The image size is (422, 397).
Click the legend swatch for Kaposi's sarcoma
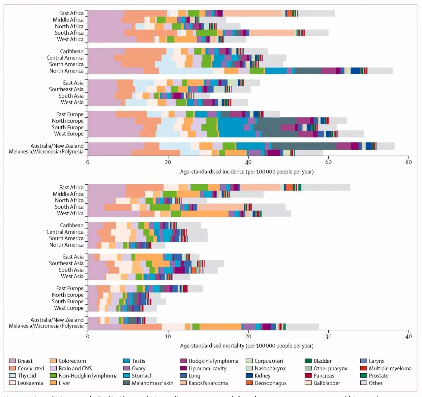(183, 383)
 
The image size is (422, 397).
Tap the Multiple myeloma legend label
(390, 368)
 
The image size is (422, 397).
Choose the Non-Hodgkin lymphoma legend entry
(88, 376)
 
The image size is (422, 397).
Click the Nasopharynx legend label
(270, 368)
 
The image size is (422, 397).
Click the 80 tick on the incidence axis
(408, 162)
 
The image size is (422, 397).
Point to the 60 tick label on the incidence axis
(328, 162)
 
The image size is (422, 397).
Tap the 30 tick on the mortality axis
(328, 336)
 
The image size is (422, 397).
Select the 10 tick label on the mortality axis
(168, 336)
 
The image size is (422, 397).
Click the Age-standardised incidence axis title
(247, 171)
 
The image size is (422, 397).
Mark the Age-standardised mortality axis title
(247, 346)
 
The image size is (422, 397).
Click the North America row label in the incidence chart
(66, 71)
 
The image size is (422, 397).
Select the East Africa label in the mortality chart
(71, 187)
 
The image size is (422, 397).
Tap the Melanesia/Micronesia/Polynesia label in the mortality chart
(46, 326)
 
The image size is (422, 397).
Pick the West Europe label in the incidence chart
(69, 134)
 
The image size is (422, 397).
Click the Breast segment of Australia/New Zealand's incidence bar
(115, 146)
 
